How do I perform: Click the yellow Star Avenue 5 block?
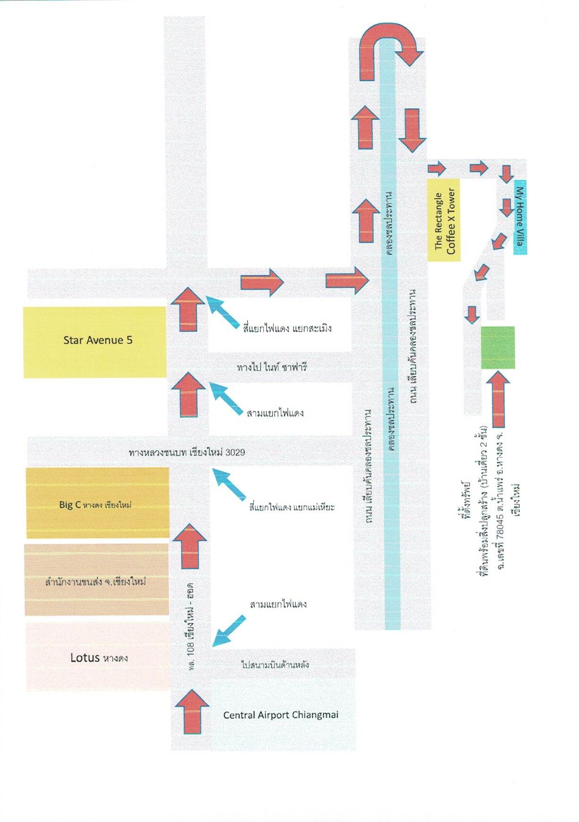tap(95, 342)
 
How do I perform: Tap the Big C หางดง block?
tap(98, 503)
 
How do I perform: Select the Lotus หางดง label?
tap(99, 657)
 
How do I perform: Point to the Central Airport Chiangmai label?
tap(281, 714)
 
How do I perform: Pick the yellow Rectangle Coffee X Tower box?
tap(444, 220)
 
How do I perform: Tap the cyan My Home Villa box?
tap(520, 218)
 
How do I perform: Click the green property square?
tap(498, 347)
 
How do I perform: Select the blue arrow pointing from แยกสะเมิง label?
tap(223, 311)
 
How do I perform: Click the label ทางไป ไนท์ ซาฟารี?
tap(272, 366)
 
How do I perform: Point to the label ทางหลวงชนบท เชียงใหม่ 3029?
tap(187, 452)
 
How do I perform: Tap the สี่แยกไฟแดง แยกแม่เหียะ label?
tap(292, 507)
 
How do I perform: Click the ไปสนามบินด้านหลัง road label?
tap(275, 664)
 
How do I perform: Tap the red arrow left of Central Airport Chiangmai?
tap(192, 711)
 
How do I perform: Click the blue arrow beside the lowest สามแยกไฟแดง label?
tap(229, 630)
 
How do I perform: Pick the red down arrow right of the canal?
tap(412, 130)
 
